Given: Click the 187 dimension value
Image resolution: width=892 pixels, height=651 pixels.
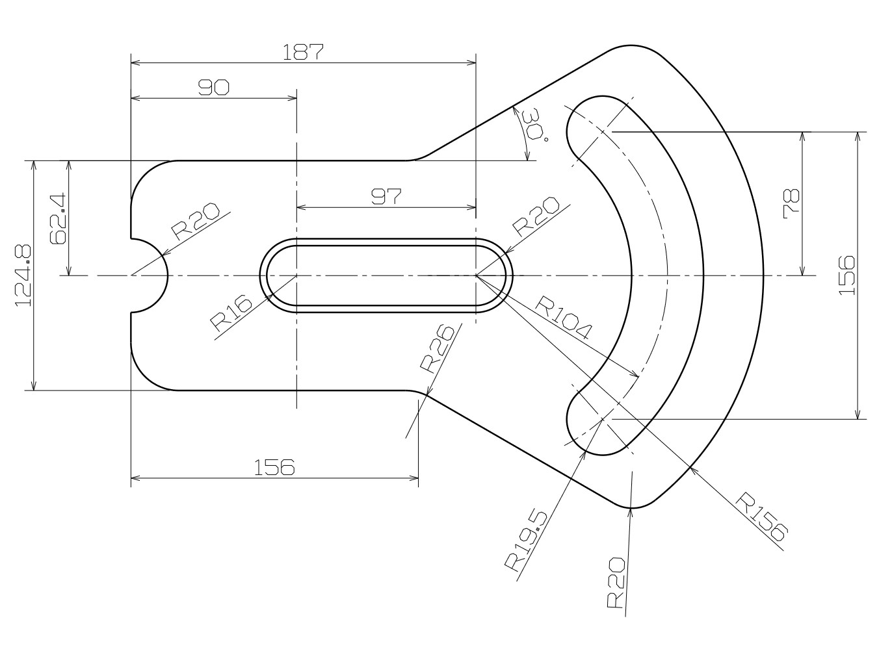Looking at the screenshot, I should [x=303, y=52].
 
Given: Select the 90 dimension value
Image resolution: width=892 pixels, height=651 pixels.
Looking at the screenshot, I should [x=214, y=88].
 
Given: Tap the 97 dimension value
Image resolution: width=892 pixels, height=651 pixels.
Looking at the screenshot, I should [x=387, y=196].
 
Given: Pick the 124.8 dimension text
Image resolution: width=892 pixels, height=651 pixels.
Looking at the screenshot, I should [x=23, y=276].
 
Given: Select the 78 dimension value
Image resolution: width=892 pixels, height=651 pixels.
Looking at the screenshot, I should [x=792, y=203].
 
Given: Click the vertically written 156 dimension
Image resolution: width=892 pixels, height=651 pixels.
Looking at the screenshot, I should [x=846, y=275].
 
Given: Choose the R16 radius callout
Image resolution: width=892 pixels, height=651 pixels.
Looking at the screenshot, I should [x=230, y=313].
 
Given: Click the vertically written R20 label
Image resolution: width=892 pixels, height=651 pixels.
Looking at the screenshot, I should [x=616, y=582].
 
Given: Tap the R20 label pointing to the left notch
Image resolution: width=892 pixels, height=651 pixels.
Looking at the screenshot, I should [x=196, y=222].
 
